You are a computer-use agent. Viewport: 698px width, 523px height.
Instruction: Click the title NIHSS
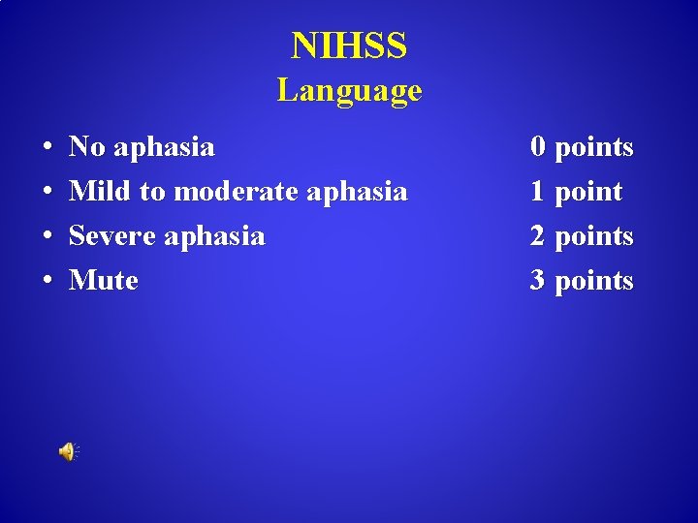click(349, 46)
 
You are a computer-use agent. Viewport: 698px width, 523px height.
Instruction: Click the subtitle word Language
click(349, 91)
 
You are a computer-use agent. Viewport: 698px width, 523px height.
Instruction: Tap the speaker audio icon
click(69, 451)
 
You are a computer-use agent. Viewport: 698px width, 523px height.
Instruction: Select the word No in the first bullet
click(87, 147)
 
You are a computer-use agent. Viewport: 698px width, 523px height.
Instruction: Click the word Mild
click(101, 192)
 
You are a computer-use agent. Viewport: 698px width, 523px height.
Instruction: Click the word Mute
click(104, 281)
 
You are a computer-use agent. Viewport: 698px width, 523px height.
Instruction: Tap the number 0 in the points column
click(538, 147)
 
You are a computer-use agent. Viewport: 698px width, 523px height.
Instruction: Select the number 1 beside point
click(538, 192)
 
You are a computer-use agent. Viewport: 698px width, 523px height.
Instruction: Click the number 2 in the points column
click(538, 236)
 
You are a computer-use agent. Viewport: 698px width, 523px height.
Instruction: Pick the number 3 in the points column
click(538, 281)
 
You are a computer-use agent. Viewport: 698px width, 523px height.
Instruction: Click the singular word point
click(588, 193)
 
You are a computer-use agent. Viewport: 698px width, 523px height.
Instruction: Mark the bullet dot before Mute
click(48, 282)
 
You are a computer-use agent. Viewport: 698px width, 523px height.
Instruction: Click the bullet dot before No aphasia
click(48, 148)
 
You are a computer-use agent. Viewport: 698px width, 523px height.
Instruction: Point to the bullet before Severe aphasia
click(48, 237)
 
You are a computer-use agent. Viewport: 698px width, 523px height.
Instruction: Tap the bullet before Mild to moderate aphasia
click(48, 193)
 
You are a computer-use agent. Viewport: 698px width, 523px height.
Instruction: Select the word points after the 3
click(593, 282)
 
